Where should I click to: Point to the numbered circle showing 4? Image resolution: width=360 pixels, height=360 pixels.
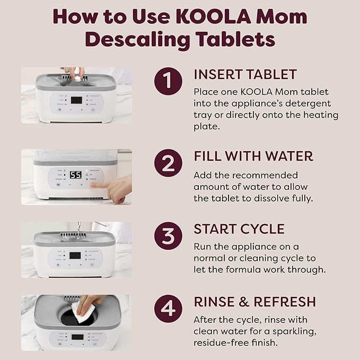(x=168, y=309)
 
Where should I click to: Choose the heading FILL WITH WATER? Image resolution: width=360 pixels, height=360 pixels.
(x=253, y=156)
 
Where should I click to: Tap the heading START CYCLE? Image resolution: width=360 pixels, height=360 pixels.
(x=239, y=229)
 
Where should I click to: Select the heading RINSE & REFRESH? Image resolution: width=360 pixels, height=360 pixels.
(x=254, y=302)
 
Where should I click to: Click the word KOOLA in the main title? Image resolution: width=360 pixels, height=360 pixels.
(x=211, y=16)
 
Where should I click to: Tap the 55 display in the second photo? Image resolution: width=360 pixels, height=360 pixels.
(x=76, y=175)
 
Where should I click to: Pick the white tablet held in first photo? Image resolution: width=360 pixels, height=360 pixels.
(x=77, y=77)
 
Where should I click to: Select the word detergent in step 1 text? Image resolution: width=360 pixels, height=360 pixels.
(x=313, y=103)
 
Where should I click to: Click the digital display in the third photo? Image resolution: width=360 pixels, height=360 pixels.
(x=75, y=256)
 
